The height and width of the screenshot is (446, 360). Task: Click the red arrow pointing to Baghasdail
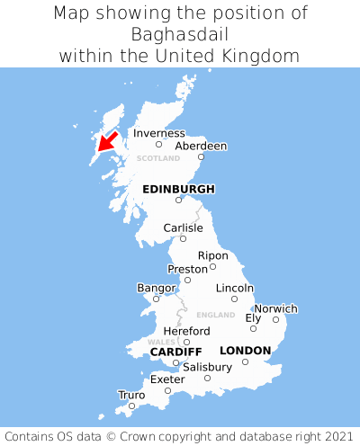(109, 141)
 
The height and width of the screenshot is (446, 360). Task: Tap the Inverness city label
(158, 133)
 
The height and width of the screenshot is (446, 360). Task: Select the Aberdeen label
(201, 146)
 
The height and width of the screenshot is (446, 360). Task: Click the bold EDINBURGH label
(178, 189)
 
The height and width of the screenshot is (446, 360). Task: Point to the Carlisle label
(183, 228)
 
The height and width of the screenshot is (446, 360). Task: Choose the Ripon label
(213, 255)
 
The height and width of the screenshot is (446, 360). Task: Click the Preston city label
(187, 269)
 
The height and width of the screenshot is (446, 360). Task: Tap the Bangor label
(156, 288)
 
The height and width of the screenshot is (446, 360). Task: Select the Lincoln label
(235, 288)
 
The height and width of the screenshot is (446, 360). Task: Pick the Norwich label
(275, 308)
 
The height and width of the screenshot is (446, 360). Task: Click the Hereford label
(186, 331)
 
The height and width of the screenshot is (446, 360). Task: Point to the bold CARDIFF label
(175, 351)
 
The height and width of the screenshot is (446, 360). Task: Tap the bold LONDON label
(245, 350)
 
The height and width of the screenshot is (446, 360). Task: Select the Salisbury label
(207, 367)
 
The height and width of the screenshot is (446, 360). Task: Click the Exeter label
(167, 379)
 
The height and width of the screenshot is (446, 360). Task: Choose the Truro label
(131, 395)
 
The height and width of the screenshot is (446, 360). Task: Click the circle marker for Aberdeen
(202, 157)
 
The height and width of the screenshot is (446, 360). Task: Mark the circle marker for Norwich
(275, 319)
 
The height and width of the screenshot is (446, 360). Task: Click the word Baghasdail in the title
(180, 34)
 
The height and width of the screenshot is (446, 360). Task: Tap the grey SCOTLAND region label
(157, 158)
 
